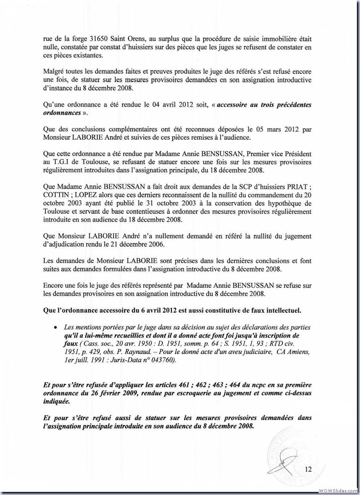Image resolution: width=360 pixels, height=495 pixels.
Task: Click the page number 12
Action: [308, 469]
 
